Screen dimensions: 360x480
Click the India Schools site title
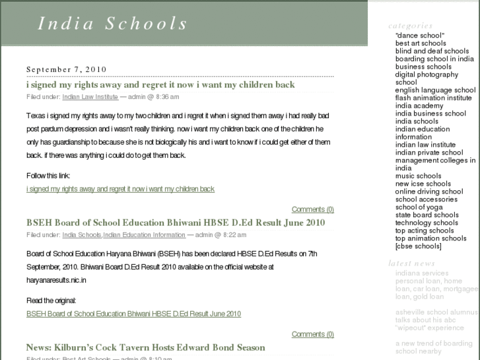tap(113, 24)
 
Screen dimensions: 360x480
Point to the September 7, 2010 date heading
tap(66, 69)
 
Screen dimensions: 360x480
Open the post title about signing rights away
tap(160, 85)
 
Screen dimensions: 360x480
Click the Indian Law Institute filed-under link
tap(90, 96)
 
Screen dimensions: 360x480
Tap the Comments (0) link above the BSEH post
tap(312, 209)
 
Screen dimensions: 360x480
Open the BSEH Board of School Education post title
tap(176, 223)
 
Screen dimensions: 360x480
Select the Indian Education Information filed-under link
tap(144, 234)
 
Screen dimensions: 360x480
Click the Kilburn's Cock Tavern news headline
tap(145, 347)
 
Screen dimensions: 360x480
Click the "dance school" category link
tap(420, 35)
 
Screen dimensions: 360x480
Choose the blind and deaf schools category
tap(432, 51)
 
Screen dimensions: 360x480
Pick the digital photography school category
tap(427, 79)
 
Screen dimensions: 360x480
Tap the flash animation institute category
tap(433, 98)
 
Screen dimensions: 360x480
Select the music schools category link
tap(418, 176)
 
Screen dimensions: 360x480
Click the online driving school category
tap(429, 192)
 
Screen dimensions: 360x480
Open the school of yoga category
tap(419, 207)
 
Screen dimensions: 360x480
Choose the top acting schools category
tap(425, 231)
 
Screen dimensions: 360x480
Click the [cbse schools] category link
tap(418, 246)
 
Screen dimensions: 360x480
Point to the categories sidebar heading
tap(410, 26)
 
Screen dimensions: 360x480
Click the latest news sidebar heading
tap(411, 264)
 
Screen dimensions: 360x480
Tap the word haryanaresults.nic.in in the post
tap(56, 280)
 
